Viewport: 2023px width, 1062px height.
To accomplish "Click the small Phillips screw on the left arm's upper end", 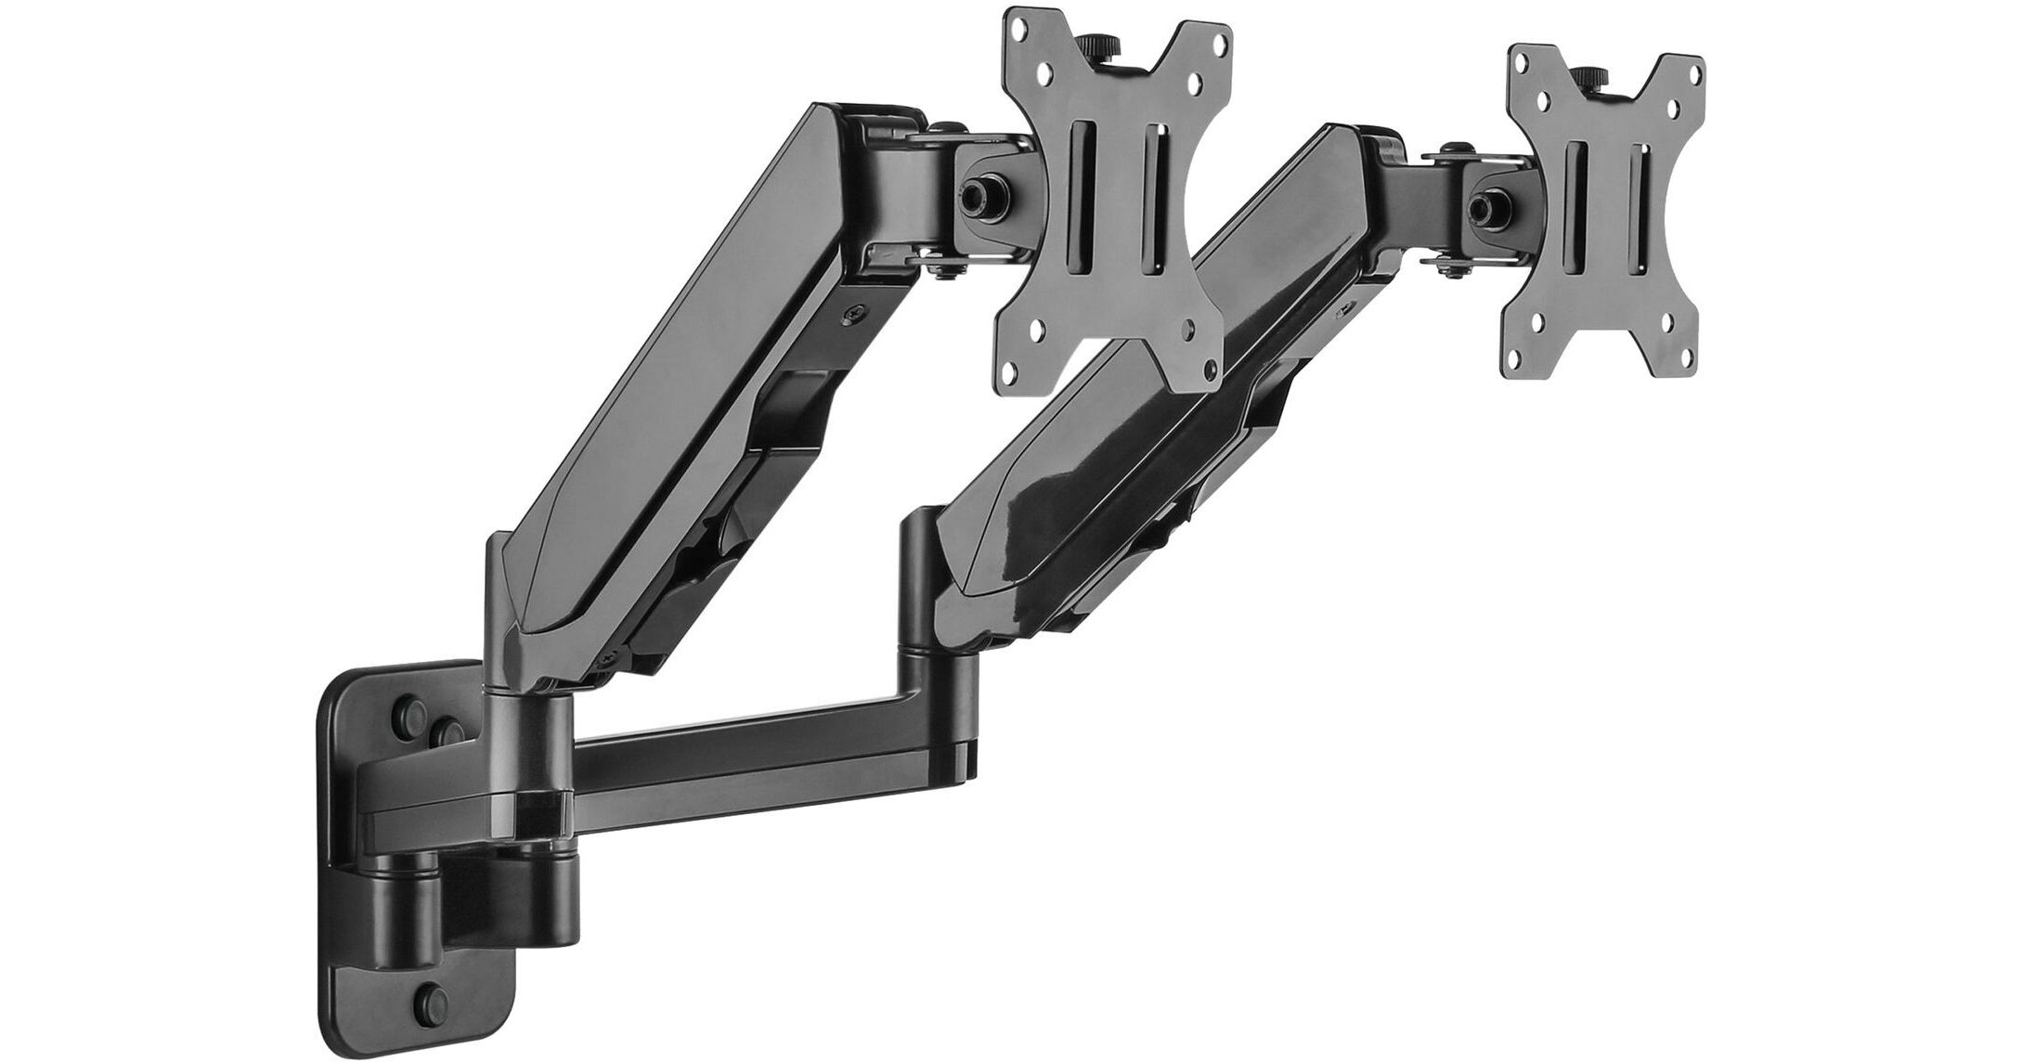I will pos(851,316).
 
